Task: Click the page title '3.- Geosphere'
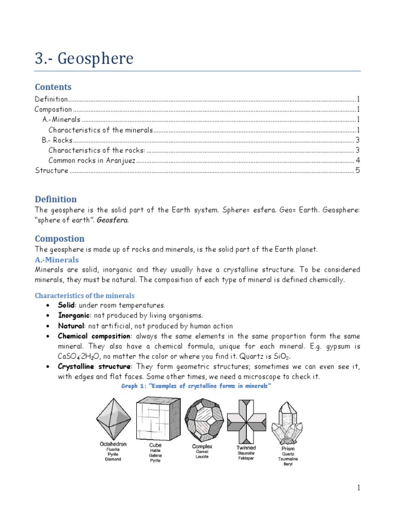(84, 59)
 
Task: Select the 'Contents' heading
(53, 87)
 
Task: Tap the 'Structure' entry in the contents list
(51, 170)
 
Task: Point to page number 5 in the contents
(357, 170)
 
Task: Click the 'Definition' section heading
(56, 199)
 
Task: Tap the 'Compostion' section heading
(59, 239)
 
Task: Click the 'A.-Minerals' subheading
(57, 260)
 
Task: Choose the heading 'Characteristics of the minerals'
(84, 295)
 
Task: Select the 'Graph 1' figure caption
(196, 386)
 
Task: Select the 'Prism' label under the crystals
(288, 448)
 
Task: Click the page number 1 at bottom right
(358, 488)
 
